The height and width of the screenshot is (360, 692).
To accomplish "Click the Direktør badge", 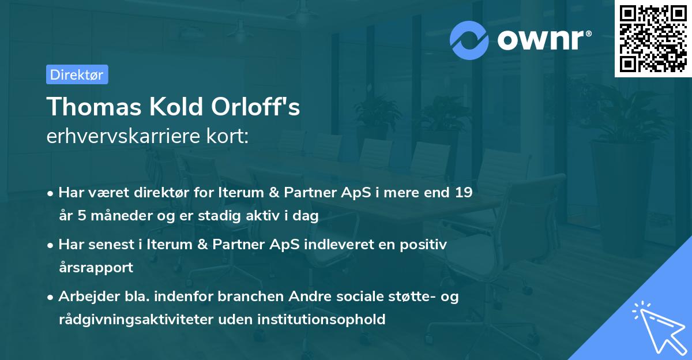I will click(x=77, y=74).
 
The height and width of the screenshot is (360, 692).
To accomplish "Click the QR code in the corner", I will click(x=653, y=38).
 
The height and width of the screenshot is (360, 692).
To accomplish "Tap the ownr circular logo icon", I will click(x=469, y=40).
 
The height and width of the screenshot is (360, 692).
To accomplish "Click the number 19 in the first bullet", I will click(x=463, y=193).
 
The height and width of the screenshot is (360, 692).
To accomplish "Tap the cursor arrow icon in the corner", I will click(x=657, y=326).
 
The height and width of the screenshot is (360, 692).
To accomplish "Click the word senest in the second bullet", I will click(x=112, y=245).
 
